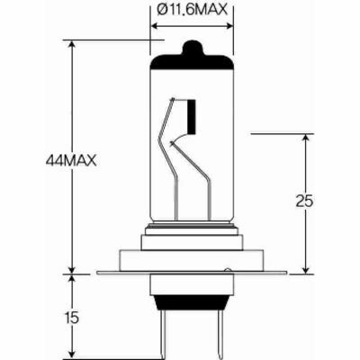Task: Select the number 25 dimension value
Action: (x=305, y=202)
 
